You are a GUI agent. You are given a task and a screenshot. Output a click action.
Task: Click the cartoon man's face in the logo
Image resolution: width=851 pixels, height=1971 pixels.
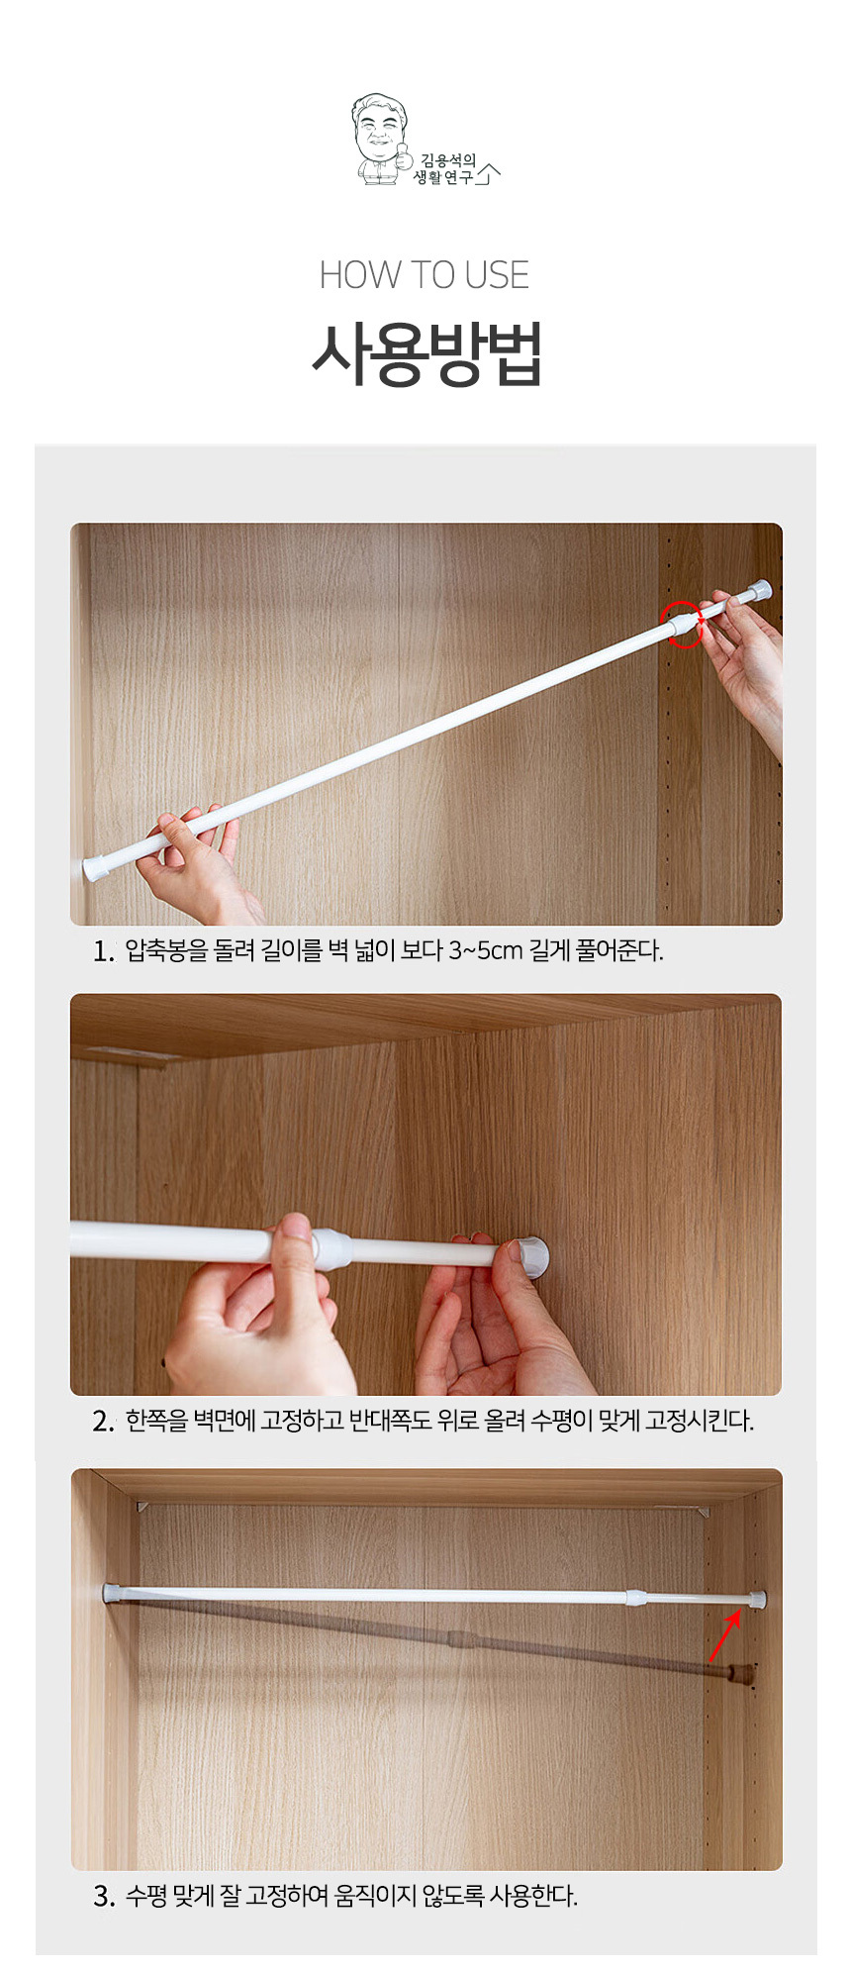pos(380,126)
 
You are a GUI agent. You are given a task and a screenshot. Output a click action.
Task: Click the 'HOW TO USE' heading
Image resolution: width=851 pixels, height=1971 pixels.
pos(425,275)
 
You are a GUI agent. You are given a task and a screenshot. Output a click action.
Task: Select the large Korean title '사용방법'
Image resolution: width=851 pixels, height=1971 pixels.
pos(426,353)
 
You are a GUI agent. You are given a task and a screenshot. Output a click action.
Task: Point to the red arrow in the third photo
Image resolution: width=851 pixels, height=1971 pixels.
pos(724,1635)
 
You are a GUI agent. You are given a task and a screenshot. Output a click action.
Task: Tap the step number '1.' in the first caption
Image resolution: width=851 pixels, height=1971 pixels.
pos(104,951)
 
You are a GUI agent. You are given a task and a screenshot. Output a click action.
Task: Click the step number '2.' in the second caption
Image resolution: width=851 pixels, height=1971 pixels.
pos(104,1422)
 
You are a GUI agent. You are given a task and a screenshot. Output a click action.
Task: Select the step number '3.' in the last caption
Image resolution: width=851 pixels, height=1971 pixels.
pos(104,1896)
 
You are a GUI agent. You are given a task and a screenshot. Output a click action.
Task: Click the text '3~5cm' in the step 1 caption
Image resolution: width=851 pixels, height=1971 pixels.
pos(485,951)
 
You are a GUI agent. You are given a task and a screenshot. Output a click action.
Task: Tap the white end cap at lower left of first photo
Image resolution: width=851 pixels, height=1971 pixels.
pos(96,868)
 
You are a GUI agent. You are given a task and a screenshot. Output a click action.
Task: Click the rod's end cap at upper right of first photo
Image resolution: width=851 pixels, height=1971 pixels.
pos(758,591)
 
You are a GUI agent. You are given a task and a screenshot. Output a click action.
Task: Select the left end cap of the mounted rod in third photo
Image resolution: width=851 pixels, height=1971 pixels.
pos(110,1593)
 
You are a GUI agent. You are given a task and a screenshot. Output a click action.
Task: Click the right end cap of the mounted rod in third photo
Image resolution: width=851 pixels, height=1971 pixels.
pos(757,1598)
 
